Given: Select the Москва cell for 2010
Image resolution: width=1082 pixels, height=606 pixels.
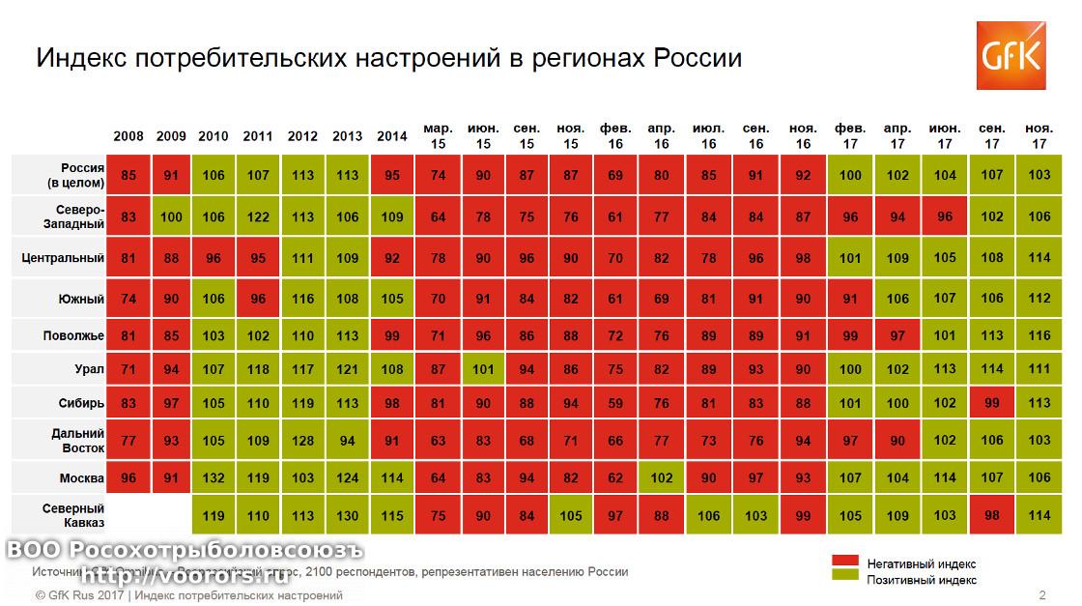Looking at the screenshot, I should point(214,477).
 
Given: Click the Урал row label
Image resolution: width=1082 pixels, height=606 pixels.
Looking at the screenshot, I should point(89,368).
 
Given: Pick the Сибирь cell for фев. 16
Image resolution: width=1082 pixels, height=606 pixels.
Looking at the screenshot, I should point(615,404).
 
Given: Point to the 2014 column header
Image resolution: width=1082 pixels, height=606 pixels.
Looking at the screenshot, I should point(392,136).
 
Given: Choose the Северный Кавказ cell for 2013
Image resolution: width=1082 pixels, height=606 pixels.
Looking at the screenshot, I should point(348,516).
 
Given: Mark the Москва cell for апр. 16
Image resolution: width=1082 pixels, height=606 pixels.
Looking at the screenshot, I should point(661,477).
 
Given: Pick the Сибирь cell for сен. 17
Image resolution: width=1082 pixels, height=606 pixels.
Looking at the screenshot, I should point(992,404).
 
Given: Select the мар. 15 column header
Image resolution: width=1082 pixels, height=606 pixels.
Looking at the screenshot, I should point(438,136).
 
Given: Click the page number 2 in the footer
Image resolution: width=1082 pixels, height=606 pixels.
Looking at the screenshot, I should point(1041,595).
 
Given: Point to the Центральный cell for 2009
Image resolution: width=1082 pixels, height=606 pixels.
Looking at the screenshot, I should point(172,258).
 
